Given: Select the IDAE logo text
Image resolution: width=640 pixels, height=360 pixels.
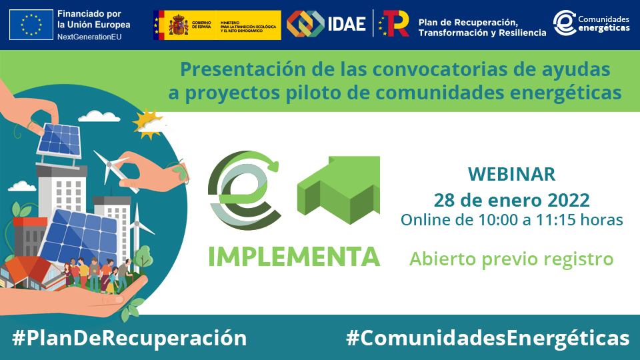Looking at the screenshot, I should point(347,25).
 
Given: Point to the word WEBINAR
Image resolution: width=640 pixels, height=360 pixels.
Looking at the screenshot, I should point(511,175).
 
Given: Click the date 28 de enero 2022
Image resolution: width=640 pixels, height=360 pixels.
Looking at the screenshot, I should point(511,199).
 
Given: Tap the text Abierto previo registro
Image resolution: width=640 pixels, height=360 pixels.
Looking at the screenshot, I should point(511,258).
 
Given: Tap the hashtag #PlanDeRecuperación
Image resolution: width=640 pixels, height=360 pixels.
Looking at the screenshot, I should point(129,337).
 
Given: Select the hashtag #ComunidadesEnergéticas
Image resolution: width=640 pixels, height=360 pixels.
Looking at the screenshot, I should point(487,337).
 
